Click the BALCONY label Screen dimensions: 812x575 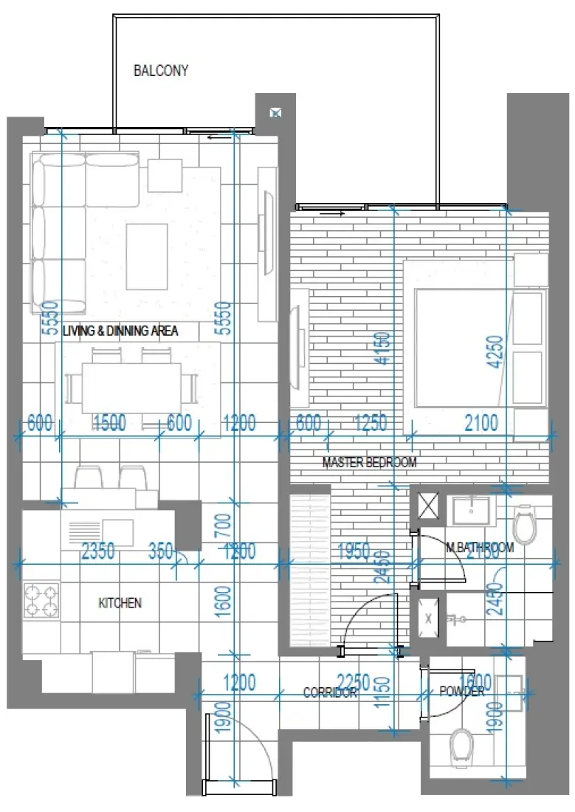coord(160,72)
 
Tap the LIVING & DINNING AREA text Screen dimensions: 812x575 coord(120,331)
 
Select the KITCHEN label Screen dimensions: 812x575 coord(120,603)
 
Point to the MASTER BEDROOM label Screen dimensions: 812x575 coord(369,463)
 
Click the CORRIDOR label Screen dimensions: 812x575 coord(330,692)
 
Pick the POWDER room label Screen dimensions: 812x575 coord(462,691)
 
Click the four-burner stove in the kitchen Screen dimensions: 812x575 coord(41,600)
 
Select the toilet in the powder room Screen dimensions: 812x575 coord(462,744)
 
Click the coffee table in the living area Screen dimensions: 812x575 coord(146,256)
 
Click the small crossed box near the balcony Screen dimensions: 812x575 coord(275,113)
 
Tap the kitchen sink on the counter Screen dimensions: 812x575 coord(117,529)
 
